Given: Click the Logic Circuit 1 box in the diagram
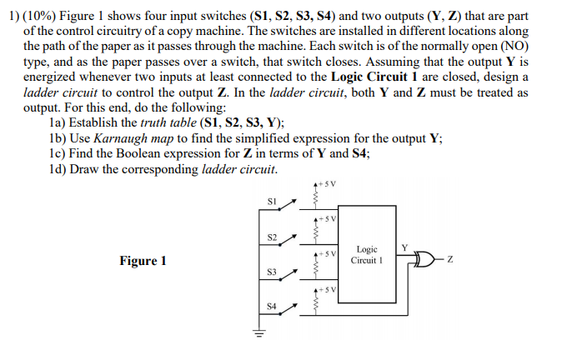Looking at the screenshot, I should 368,254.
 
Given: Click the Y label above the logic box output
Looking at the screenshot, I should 405,247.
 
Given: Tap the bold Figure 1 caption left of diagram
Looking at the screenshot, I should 143,261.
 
